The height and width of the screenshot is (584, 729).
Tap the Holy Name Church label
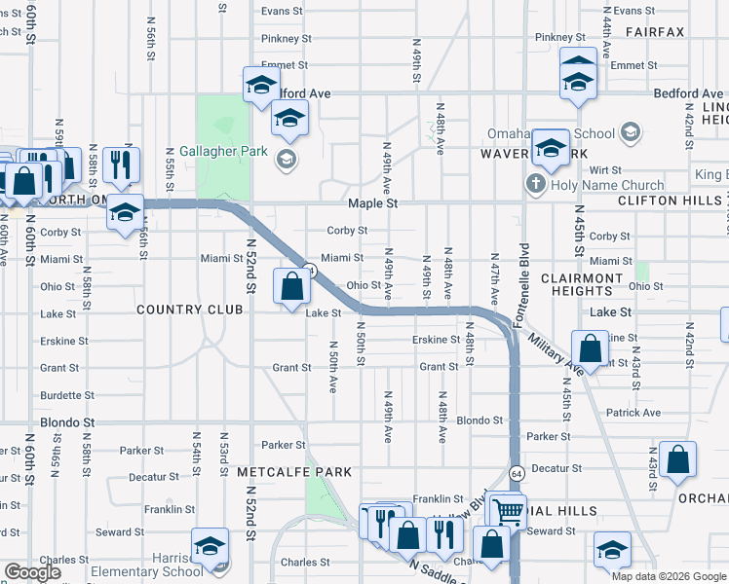pos(607,184)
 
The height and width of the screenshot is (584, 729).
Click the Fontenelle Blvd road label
pos(522,274)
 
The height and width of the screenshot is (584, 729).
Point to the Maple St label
pos(374,204)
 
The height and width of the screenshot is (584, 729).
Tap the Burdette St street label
pos(67,396)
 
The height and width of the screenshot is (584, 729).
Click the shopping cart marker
pos(508,509)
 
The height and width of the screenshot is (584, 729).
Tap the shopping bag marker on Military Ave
pos(590,347)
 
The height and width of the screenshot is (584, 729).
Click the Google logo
pos(32,572)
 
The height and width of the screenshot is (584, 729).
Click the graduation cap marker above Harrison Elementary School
pos(210,549)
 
